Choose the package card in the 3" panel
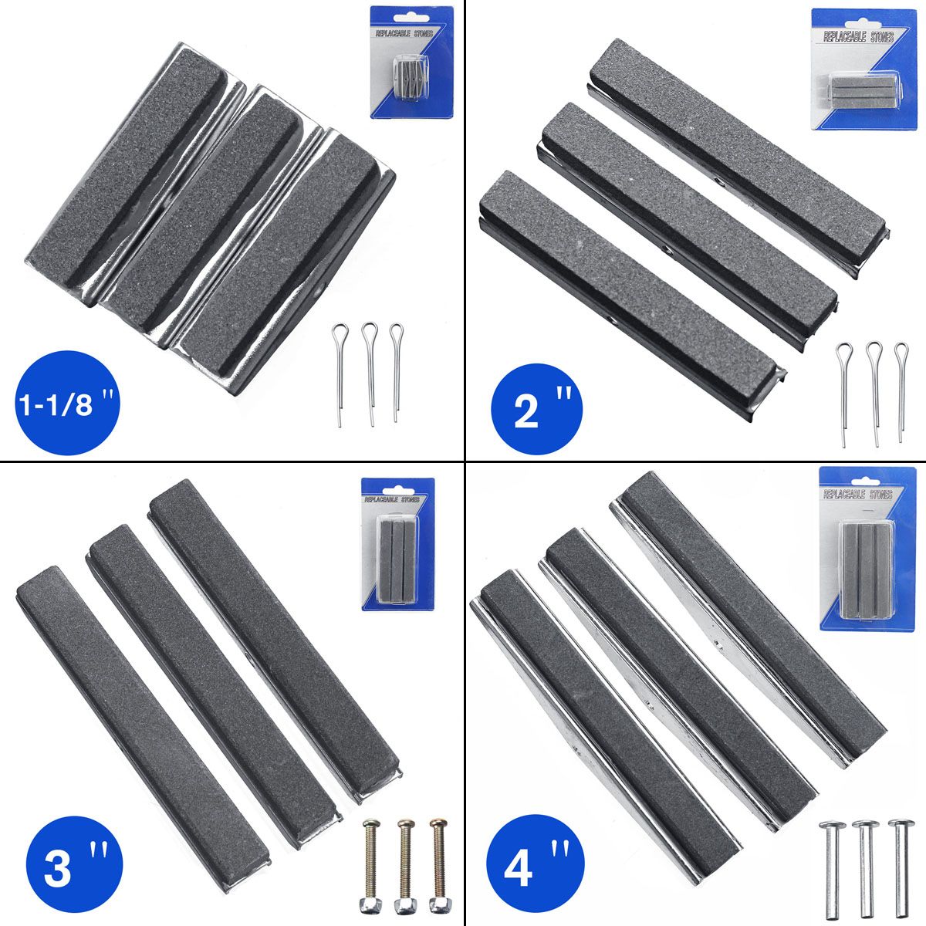coord(397,544)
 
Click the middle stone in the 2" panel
coord(687,220)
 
